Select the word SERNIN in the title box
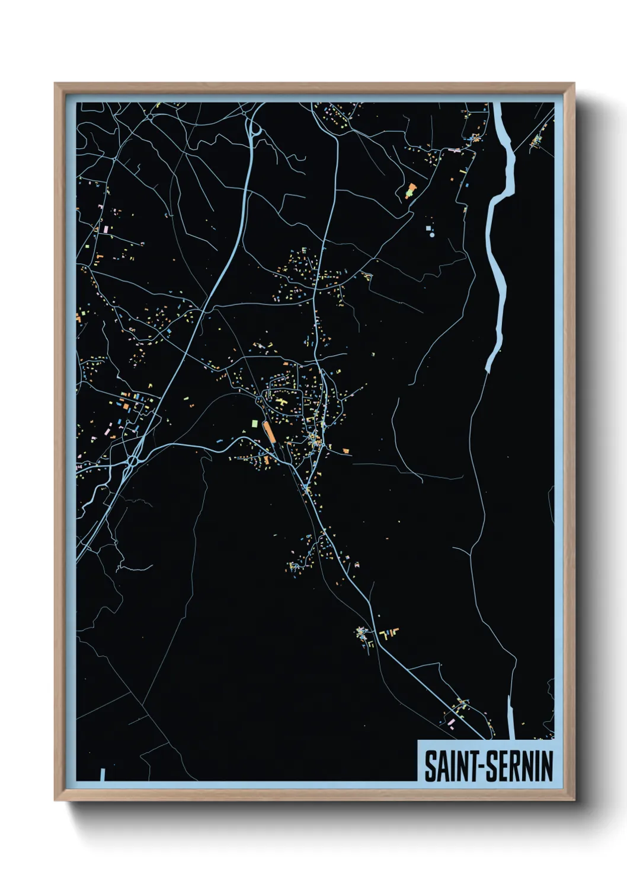tap(520, 766)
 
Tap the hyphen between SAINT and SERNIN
tap(481, 767)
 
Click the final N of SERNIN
tap(547, 766)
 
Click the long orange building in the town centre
tap(269, 431)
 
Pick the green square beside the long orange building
tap(255, 424)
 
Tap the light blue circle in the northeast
tap(432, 235)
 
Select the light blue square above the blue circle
tap(428, 227)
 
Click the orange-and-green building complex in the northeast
tap(411, 191)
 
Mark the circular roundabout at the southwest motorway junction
tap(132, 460)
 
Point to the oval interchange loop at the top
tap(256, 129)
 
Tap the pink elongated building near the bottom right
tap(452, 721)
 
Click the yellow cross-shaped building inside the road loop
tap(283, 402)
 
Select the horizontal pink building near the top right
tap(455, 151)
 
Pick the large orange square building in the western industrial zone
tap(126, 406)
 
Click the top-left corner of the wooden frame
tap(55, 84)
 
